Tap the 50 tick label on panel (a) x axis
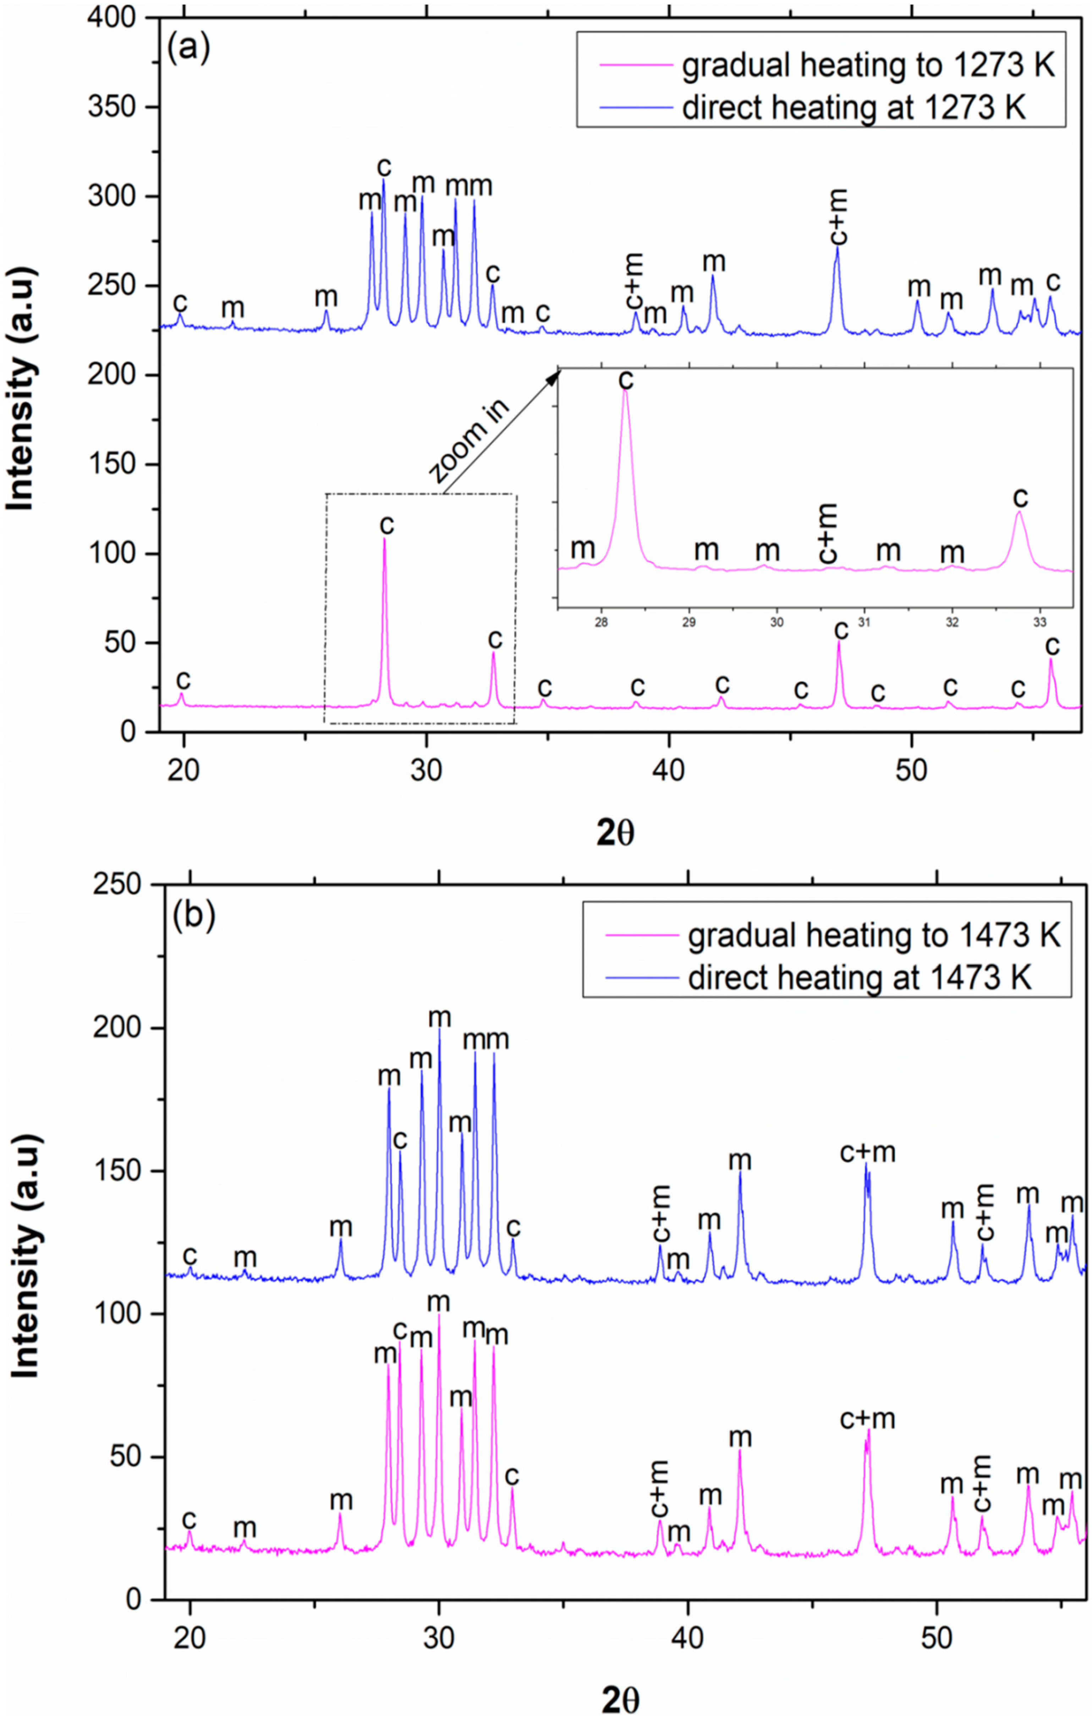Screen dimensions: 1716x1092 tap(912, 771)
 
